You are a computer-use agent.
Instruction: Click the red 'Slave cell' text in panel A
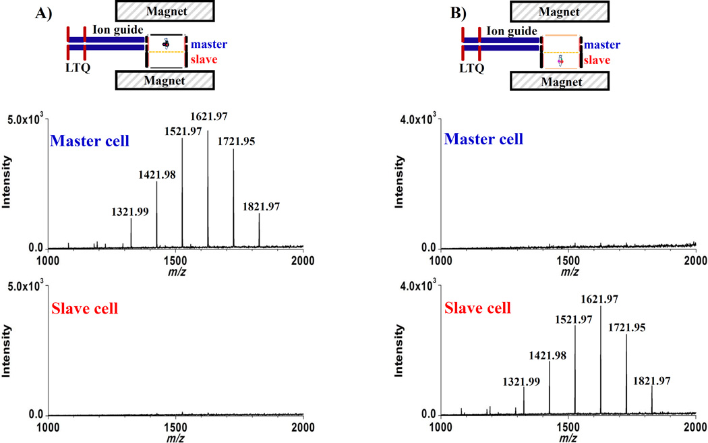pos(84,308)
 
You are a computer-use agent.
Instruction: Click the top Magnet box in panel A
pos(165,11)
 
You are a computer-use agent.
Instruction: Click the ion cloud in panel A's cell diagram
pos(165,44)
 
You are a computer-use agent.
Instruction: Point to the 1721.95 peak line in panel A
pos(234,196)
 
